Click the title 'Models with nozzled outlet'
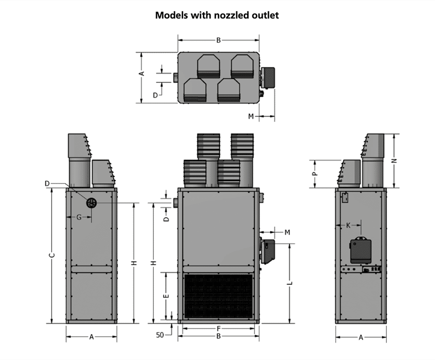(217, 15)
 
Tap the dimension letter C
(52, 255)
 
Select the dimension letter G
(79, 217)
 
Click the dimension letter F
(218, 328)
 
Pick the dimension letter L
(290, 283)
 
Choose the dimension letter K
(349, 225)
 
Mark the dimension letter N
(394, 161)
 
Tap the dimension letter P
(315, 172)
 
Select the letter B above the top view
(218, 40)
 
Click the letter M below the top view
(251, 116)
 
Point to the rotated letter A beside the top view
(141, 73)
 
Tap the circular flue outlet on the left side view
(91, 202)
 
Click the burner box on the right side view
(361, 250)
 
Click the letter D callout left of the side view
(47, 183)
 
